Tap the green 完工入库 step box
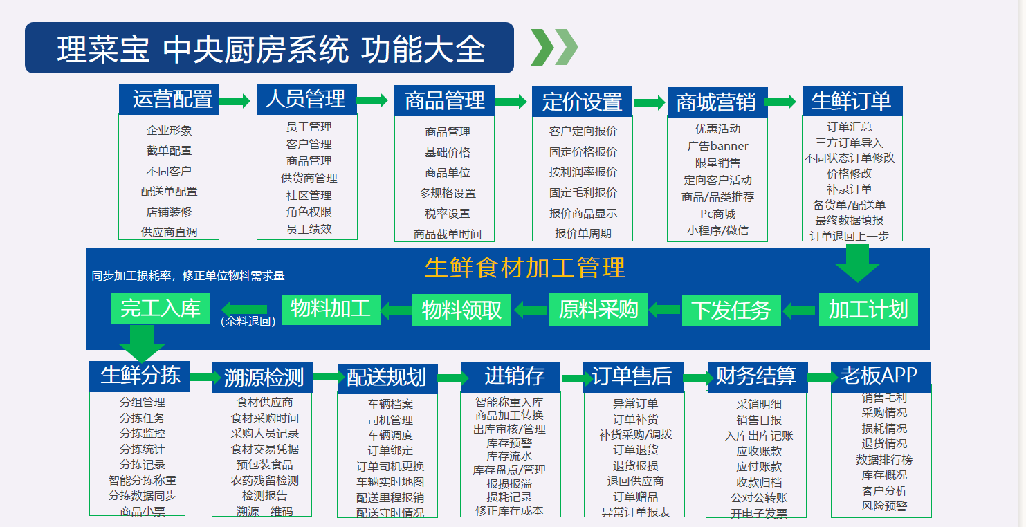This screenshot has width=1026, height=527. [161, 308]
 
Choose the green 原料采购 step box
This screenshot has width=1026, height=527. [598, 309]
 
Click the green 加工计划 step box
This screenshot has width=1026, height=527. [868, 309]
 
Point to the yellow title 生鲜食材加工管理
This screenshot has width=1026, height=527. [524, 267]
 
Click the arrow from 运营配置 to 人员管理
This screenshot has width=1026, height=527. [235, 101]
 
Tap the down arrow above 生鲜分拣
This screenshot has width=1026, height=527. [141, 342]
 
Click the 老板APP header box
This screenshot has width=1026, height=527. [880, 376]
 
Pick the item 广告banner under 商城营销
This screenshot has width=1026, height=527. [717, 146]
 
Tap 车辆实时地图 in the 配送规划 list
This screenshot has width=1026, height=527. [390, 481]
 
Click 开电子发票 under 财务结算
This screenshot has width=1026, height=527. [758, 513]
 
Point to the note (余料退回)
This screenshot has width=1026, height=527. [248, 321]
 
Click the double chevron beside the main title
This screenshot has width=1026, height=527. [553, 48]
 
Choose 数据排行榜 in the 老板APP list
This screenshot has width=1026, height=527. [883, 459]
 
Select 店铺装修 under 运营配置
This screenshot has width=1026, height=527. [169, 212]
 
